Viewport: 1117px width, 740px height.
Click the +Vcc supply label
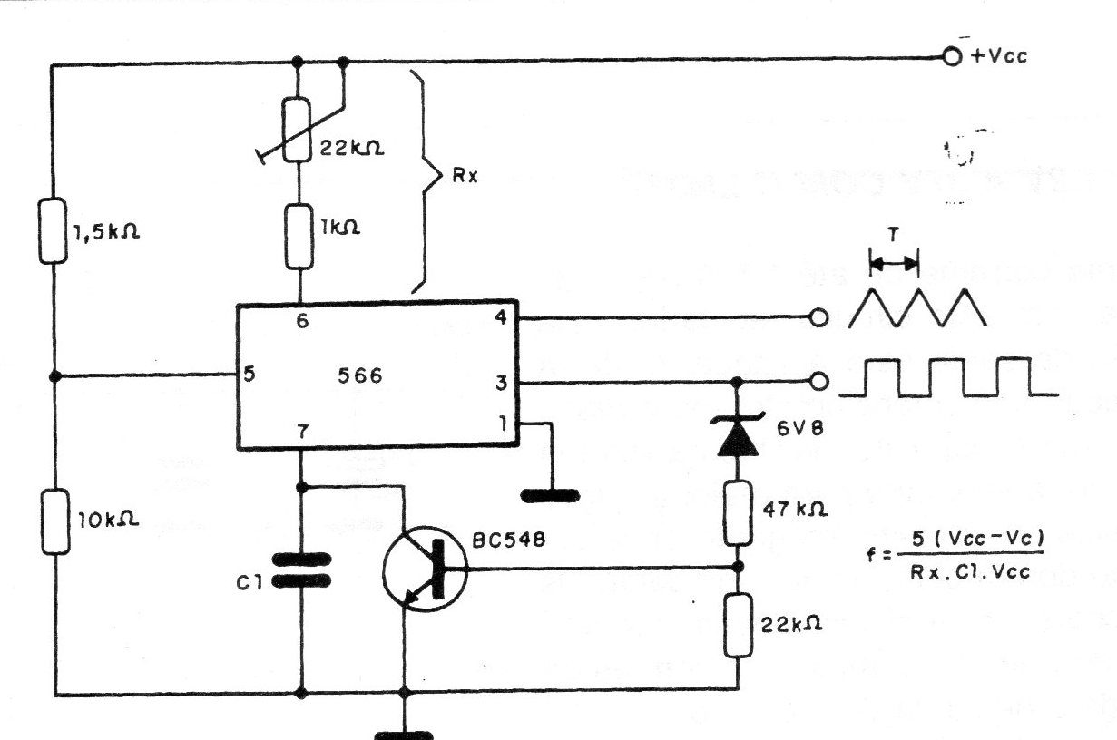pos(999,56)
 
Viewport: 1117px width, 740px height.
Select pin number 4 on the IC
pos(499,318)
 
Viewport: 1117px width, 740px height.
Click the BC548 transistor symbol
pos(424,570)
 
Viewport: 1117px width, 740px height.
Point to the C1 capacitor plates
pos(300,571)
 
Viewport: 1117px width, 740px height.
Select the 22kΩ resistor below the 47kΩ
pos(736,625)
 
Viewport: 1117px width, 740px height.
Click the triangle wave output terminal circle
pos(819,318)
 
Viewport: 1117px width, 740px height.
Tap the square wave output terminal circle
pos(819,382)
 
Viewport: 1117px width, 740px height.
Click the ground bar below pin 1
pos(550,495)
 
